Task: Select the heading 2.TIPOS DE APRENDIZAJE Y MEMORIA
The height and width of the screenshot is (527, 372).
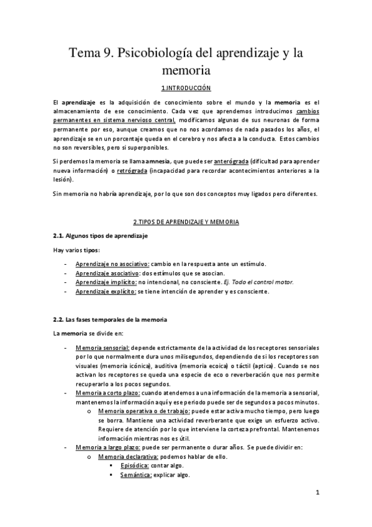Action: (x=186, y=221)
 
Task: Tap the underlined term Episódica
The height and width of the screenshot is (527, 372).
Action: (x=135, y=465)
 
